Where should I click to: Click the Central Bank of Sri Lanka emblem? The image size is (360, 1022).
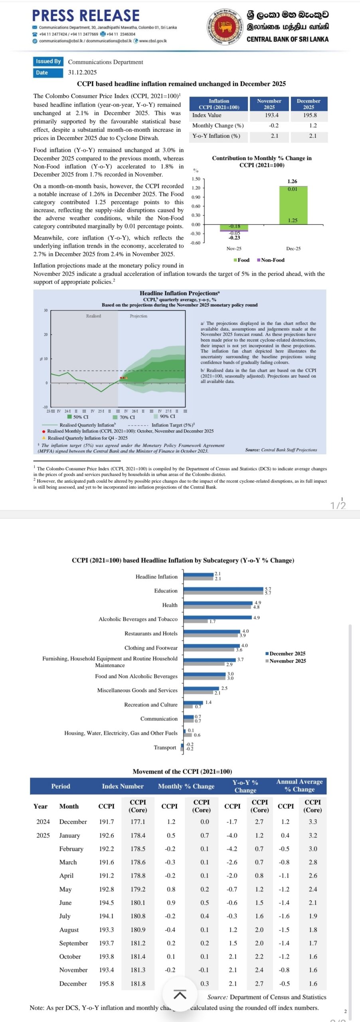coord(225,27)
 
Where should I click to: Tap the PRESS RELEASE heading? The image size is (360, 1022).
coord(86,16)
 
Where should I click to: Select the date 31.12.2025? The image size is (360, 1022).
coord(82,72)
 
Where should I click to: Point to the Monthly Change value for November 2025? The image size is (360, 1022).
coord(274,125)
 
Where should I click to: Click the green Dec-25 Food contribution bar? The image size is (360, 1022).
coord(293,206)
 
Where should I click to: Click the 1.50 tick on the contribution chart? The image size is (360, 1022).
coord(196,179)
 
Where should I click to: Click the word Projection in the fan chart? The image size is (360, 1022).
coord(138,316)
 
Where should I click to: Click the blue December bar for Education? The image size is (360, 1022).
coord(224,589)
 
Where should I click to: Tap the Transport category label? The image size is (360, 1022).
coord(165,747)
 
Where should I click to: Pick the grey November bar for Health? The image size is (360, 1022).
coord(218,607)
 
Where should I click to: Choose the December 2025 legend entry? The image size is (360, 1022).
coord(285,654)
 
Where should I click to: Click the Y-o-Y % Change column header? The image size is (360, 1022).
coord(245,786)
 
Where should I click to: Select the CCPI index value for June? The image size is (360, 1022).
coord(106,903)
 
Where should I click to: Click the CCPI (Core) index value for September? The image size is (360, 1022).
coord(138,943)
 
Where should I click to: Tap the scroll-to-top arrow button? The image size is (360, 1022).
coord(180,994)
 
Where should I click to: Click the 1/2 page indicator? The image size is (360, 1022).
coord(338,505)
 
